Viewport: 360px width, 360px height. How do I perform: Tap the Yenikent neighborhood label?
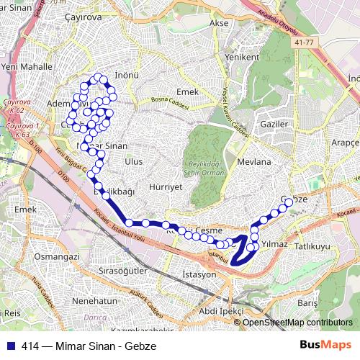(241, 57)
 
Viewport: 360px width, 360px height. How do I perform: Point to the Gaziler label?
(274, 124)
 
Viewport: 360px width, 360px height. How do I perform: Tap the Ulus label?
(134, 162)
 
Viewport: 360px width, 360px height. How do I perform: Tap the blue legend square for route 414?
(10, 346)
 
